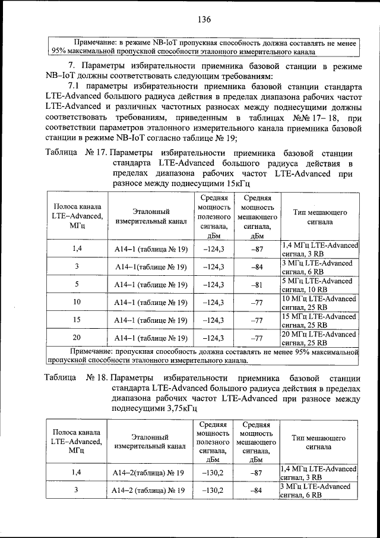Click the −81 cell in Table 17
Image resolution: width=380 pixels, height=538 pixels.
coord(256,284)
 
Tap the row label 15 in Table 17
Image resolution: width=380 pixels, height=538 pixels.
coord(77,320)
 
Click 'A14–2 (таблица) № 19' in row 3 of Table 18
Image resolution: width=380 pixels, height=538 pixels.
coord(148,490)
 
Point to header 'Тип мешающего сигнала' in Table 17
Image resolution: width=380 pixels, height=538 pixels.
coord(319,216)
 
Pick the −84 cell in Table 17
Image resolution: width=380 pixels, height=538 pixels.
coord(256,266)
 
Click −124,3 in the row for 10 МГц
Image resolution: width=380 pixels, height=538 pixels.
coord(213,303)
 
